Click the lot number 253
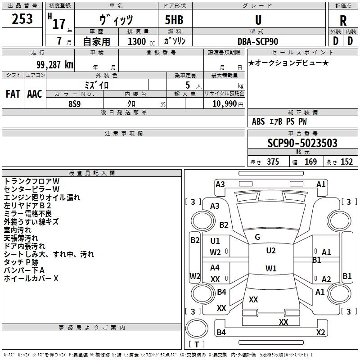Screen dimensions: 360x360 pos(22,19)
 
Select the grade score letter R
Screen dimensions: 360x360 pos(343,21)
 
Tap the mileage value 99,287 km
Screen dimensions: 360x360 pos(55,65)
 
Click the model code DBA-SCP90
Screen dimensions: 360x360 pos(257,41)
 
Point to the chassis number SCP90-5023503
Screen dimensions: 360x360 pos(302,143)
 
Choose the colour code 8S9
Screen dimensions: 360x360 pos(75,104)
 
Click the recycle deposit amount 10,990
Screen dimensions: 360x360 pos(225,104)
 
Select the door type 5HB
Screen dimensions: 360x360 pos(174,20)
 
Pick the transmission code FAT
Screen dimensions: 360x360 pos(13,94)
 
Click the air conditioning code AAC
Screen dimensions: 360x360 pos(35,94)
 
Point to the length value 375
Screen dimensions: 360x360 pos(273,162)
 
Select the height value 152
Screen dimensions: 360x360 pos(346,162)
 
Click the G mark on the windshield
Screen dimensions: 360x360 pos(257,237)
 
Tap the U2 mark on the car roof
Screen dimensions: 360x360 pos(271,251)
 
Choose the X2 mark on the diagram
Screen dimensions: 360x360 pos(320,332)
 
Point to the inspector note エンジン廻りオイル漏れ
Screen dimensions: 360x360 pos(42,198)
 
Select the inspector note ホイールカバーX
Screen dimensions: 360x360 pos(31,279)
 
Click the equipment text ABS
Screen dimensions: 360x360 pos(258,121)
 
